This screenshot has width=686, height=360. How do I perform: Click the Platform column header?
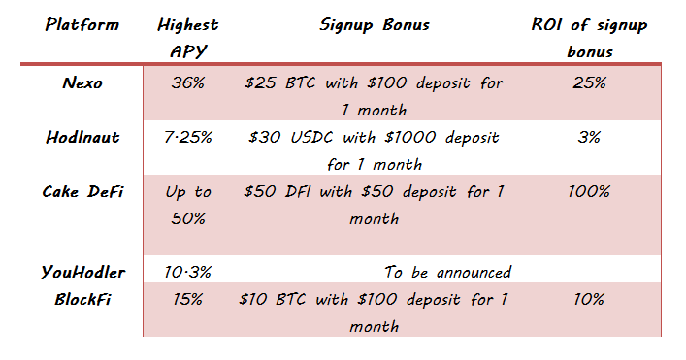pos(82,24)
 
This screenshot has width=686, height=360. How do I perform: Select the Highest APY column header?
pos(188,38)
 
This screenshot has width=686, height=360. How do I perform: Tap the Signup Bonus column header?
pos(375,25)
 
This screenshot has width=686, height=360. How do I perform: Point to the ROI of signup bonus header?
pos(589,38)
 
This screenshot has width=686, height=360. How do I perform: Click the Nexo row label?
pos(82,82)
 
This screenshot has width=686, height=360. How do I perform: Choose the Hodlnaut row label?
pos(82,138)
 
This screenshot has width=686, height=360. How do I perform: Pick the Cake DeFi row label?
pos(82,191)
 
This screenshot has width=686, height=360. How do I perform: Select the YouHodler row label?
pos(82,272)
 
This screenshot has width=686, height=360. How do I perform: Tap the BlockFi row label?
pos(82,299)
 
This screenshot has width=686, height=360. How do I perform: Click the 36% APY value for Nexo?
pos(188,82)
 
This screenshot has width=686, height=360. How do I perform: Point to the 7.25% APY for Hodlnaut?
pos(188,138)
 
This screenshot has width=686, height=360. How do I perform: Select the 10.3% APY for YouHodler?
pos(188,272)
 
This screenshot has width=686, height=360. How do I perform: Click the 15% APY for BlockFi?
pos(188,299)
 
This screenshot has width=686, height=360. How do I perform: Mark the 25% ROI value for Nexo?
pos(589,82)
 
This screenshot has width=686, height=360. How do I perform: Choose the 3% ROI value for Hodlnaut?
pos(589,138)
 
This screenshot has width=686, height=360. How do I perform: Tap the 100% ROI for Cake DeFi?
pos(589,191)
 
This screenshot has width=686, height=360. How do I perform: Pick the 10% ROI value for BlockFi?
pos(589,299)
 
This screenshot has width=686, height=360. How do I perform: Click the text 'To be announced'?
pos(447,272)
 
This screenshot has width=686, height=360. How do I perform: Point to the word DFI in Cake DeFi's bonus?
pos(298,191)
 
